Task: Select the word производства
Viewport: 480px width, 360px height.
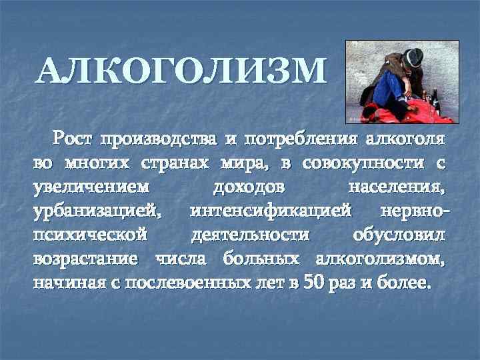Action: (x=168, y=140)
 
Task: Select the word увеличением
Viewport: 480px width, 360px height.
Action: (x=91, y=187)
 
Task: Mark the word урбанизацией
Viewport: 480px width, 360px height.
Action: (x=97, y=211)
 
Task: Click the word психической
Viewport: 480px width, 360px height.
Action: (x=89, y=235)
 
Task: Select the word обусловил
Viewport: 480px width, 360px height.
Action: (x=399, y=235)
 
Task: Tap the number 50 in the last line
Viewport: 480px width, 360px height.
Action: (x=313, y=281)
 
